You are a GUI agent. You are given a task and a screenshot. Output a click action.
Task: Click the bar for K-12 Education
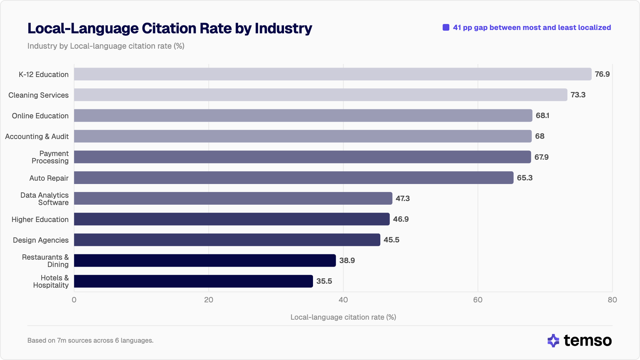click(333, 74)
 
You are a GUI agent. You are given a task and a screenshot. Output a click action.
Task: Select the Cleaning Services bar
click(320, 95)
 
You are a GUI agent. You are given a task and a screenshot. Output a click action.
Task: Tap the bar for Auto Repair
click(293, 178)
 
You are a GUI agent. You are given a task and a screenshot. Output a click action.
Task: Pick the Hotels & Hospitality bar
click(193, 281)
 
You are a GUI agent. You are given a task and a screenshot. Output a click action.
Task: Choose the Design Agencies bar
click(227, 240)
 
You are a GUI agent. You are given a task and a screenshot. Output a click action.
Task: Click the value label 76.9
click(602, 74)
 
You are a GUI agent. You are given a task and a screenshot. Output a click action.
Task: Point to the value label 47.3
click(403, 198)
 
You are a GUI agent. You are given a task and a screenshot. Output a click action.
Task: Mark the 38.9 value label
click(347, 260)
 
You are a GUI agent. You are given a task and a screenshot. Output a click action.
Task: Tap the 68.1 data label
click(542, 115)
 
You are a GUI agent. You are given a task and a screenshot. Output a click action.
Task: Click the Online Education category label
click(40, 116)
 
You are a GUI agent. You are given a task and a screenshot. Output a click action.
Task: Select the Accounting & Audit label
click(37, 136)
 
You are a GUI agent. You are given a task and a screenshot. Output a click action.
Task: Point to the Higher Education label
click(40, 219)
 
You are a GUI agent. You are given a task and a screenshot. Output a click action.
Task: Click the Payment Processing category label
click(50, 157)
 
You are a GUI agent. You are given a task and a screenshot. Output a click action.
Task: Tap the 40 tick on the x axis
click(343, 300)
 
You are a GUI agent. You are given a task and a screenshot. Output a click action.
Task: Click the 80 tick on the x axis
click(612, 300)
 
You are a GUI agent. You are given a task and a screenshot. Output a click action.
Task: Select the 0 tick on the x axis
click(74, 300)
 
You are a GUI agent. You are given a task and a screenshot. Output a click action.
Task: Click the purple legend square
click(446, 27)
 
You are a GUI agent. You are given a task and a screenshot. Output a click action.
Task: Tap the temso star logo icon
click(553, 341)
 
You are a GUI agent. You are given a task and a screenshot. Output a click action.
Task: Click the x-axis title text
click(343, 317)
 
